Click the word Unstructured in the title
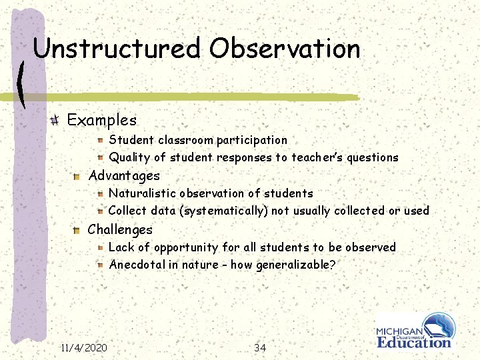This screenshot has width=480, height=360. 117,49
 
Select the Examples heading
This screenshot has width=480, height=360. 102,121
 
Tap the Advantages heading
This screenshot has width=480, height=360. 124,176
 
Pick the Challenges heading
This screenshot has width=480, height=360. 120,230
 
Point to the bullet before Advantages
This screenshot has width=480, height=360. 77,176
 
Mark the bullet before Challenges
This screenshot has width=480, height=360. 77,230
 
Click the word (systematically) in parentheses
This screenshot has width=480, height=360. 217,211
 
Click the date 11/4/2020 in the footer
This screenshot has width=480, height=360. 83,348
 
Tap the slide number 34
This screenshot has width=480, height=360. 260,348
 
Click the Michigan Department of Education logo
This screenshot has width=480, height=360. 415,331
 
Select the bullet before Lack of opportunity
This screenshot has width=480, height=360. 98,247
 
